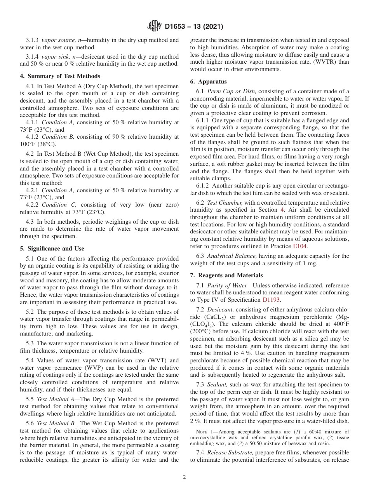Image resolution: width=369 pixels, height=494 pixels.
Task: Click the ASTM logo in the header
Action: tap(155, 27)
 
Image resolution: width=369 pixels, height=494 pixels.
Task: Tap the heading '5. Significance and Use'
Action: tap(52, 249)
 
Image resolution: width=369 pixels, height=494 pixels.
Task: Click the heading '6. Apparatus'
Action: tap(208, 82)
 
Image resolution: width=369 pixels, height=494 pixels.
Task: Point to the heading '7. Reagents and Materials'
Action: tap(226, 275)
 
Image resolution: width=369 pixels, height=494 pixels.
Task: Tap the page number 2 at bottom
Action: tap(184, 477)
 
